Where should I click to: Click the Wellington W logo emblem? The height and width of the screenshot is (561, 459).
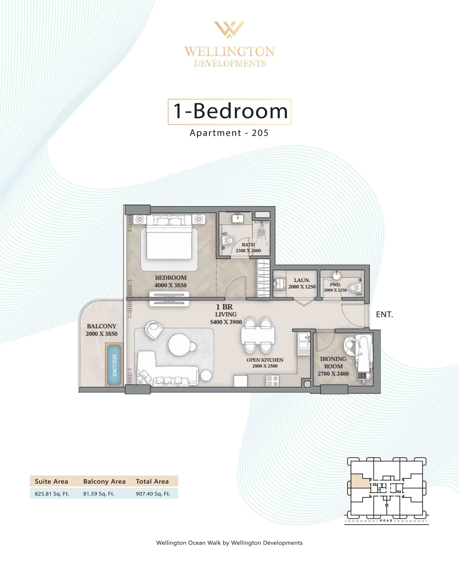[229, 30]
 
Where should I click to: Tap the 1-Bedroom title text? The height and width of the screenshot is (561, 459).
[230, 111]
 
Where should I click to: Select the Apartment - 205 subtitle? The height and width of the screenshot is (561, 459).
[229, 133]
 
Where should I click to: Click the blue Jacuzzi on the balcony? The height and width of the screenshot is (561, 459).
[114, 365]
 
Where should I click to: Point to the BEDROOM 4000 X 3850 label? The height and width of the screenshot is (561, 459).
[171, 281]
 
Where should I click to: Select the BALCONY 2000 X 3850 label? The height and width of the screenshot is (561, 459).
[101, 330]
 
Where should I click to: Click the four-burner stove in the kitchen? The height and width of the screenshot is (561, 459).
[272, 381]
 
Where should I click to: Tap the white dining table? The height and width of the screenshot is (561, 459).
[258, 335]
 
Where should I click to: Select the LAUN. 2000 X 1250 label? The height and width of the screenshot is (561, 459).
[302, 283]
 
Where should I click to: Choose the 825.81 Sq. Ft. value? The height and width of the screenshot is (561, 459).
[52, 494]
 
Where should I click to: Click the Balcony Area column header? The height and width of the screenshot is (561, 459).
[104, 481]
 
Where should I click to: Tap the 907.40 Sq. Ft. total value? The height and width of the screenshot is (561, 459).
[153, 494]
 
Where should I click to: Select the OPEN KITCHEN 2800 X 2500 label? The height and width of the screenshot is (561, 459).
[265, 363]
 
